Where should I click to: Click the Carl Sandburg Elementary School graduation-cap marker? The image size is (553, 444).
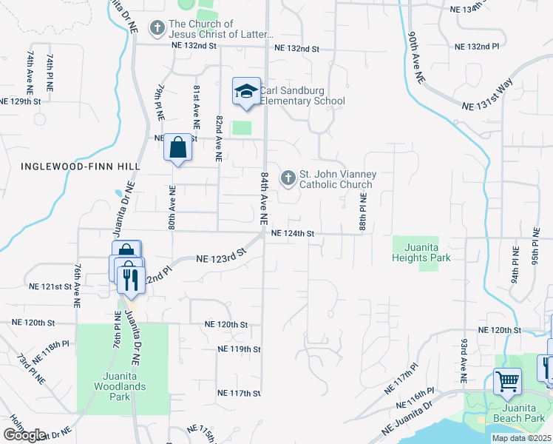click(246, 92)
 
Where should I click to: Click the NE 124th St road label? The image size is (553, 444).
click(293, 234)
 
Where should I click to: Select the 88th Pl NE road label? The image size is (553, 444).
click(363, 212)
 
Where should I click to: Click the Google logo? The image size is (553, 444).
click(24, 435)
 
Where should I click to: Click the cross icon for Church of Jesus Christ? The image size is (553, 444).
click(157, 29)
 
